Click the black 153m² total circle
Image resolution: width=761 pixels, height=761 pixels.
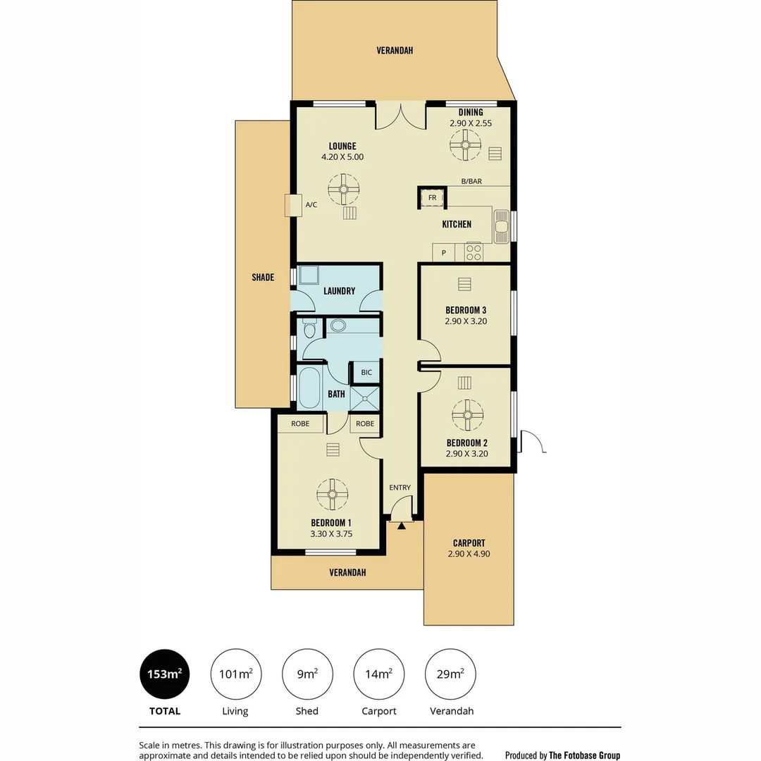click(x=165, y=674)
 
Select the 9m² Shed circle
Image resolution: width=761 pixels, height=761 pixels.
click(x=307, y=674)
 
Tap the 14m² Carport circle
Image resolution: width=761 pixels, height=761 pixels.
click(x=379, y=674)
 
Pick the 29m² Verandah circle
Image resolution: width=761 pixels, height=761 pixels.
click(x=451, y=674)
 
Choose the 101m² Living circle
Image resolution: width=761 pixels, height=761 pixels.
click(x=235, y=674)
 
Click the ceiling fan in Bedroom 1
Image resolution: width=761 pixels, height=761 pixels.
click(x=332, y=494)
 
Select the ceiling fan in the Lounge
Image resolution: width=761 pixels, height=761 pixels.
click(x=343, y=189)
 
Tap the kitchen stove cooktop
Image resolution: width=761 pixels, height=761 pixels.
click(x=474, y=252)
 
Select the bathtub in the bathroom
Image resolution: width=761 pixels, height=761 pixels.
click(x=309, y=388)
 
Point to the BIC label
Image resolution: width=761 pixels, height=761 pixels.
click(x=366, y=372)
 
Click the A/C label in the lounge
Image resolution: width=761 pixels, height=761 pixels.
click(x=311, y=205)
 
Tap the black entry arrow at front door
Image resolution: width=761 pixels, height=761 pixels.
click(x=401, y=525)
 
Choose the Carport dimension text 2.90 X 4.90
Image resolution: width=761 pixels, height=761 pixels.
click(x=469, y=554)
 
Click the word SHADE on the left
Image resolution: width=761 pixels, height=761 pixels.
click(x=263, y=278)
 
